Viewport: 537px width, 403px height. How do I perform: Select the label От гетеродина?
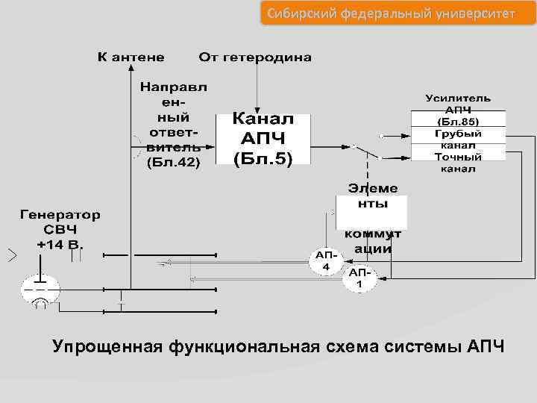pos(255,57)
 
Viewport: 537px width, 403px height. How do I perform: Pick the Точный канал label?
pos(458,162)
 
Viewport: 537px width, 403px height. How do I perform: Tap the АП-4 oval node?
pos(326,262)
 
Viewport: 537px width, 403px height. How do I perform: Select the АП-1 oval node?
pos(359,278)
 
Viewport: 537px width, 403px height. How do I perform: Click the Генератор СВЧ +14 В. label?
pos(60,228)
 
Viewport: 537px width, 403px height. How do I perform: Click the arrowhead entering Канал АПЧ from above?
pos(257,110)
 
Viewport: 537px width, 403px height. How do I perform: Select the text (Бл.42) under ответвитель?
pos(174,160)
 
